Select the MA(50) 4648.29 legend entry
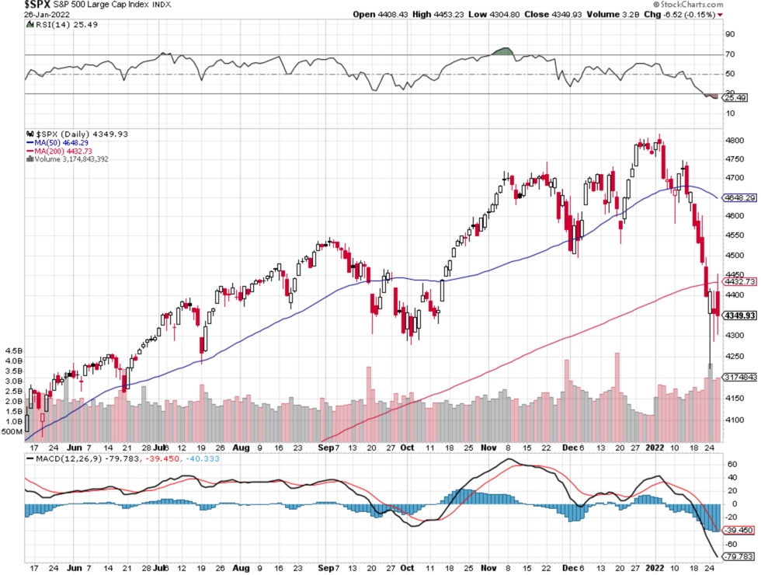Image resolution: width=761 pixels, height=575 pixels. click(60, 143)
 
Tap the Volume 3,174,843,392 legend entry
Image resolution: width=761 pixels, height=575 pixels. click(73, 159)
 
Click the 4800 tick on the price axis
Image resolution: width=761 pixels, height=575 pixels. click(734, 141)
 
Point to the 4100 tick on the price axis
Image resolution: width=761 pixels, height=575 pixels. click(734, 420)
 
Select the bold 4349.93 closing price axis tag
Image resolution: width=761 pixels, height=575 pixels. click(738, 315)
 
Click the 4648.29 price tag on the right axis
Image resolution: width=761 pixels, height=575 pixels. click(739, 198)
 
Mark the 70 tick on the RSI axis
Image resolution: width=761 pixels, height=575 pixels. click(730, 54)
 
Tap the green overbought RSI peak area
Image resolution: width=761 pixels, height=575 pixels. click(503, 51)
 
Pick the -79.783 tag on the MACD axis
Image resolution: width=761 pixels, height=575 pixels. click(738, 556)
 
